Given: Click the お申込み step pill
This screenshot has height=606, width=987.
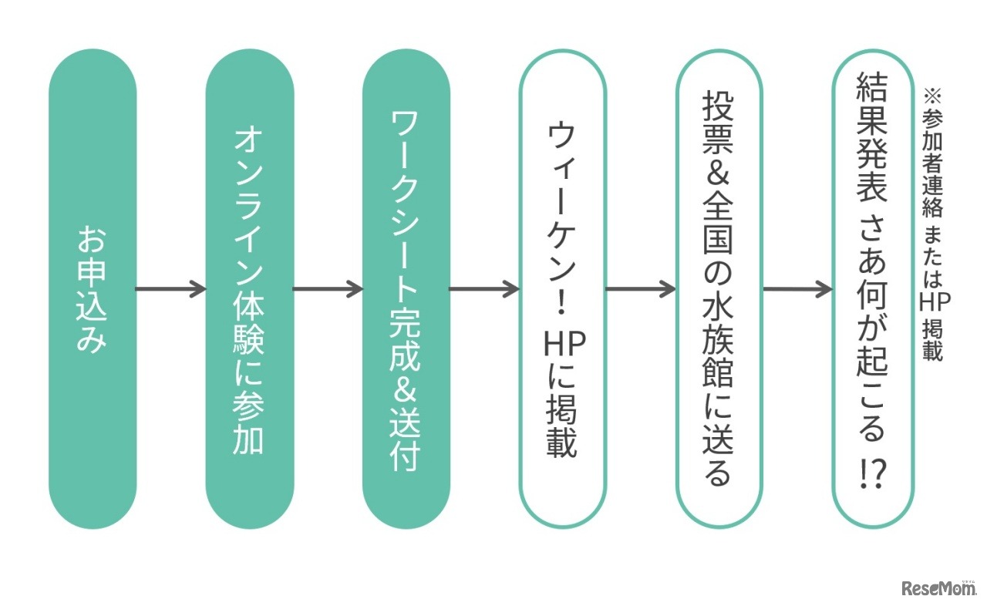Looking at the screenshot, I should point(93,289).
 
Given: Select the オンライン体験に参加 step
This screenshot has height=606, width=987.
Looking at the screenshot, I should point(249,289).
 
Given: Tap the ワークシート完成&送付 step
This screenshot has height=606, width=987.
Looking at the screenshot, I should point(406,289).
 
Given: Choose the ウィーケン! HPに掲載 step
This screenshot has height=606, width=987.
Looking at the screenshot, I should point(563,289).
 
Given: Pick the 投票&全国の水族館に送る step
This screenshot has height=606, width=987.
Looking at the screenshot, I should point(719,289).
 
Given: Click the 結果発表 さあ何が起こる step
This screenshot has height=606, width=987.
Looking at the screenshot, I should point(874,289).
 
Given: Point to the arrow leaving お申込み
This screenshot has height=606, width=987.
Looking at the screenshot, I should point(170,290).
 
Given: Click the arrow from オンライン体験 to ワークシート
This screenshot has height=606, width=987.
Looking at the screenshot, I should point(328,290).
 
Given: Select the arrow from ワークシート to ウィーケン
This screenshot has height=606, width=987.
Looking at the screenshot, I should point(484,290).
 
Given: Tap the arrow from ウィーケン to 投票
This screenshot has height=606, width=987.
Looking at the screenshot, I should point(641,290).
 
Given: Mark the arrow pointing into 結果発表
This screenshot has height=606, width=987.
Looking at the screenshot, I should point(797,290).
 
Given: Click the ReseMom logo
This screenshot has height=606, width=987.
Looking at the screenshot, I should point(938,588).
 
